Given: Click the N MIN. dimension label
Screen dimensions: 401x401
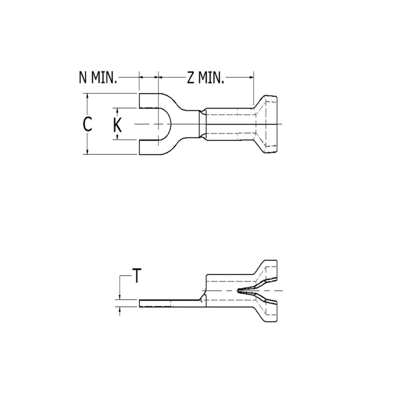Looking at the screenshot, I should pos(98,78).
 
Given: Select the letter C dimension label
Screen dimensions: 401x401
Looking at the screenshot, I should pos(87,124).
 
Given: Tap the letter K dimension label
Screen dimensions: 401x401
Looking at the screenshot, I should pos(117,125).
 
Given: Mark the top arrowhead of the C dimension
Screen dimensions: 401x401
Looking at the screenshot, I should pos(87,96).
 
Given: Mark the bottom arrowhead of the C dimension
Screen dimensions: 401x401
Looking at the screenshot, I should pos(87,152).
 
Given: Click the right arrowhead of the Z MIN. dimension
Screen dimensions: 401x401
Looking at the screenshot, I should pos(252,78).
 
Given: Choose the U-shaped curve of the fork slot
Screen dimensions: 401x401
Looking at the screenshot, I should pos(170,124).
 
